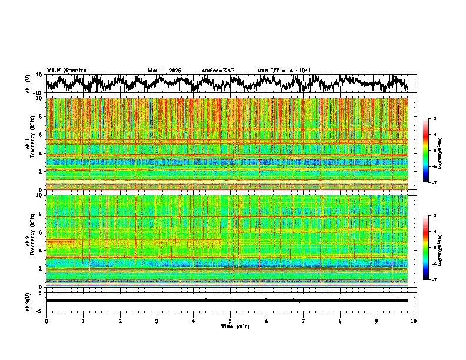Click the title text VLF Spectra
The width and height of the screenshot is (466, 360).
coord(66,70)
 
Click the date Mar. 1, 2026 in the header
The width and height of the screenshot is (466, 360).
coord(164,71)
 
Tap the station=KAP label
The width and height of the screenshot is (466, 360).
coord(218,71)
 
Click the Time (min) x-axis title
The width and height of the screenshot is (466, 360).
coord(235,326)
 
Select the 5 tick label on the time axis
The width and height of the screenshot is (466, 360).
coord(230,321)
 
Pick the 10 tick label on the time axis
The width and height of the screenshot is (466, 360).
coord(414,321)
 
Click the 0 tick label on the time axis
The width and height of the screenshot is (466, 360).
coord(46,321)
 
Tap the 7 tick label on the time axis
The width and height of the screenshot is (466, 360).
coord(304,321)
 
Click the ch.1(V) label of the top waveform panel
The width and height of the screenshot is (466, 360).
coord(28,84)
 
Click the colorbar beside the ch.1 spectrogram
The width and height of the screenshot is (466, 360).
coord(432,151)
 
